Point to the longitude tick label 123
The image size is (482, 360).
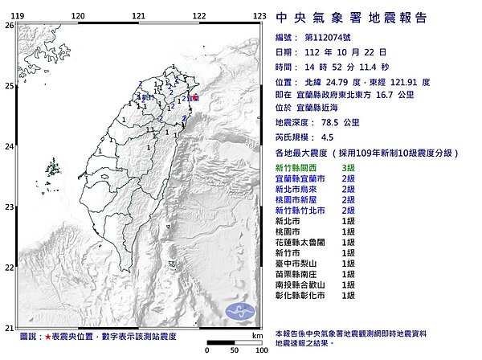(259, 16)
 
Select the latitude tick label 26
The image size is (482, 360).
(8, 26)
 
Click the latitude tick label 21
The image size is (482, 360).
(8, 327)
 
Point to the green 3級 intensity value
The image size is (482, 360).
(348, 166)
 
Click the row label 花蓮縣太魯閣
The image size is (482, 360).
(304, 241)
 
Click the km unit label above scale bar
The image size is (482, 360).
(256, 336)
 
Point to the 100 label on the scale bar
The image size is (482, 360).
(259, 351)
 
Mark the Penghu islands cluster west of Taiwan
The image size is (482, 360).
(55, 169)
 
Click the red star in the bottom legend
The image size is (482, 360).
(51, 337)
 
